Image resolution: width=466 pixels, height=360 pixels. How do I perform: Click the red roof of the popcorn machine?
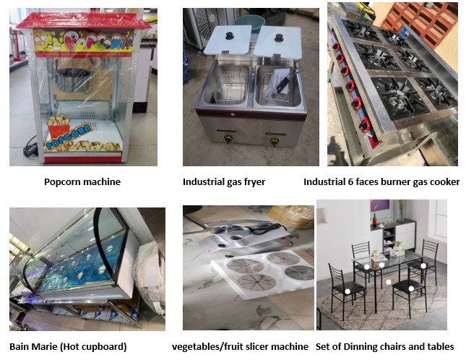83,20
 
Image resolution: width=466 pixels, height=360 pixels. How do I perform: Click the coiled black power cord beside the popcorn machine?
31,146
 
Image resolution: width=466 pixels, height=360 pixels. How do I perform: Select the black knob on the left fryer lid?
230,35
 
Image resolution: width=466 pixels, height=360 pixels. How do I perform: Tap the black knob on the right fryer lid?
279,38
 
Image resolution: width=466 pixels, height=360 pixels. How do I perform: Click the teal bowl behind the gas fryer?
250,22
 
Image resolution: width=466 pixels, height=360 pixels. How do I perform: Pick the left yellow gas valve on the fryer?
228,139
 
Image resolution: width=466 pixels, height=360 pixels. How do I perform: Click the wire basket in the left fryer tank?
230,89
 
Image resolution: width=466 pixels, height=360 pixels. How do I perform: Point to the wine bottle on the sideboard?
375,220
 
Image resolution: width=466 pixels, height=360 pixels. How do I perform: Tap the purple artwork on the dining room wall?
379,205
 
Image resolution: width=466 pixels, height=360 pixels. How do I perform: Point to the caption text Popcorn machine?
82,182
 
